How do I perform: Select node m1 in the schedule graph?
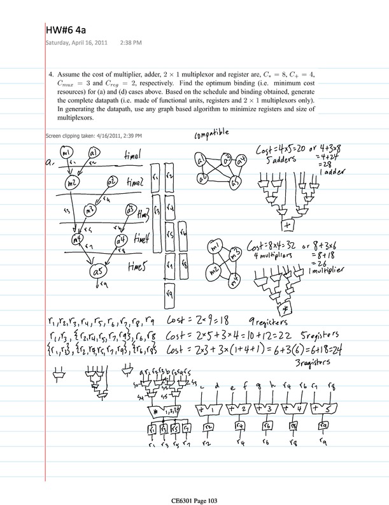pyautogui.click(x=70, y=153)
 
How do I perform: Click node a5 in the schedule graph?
pyautogui.click(x=98, y=272)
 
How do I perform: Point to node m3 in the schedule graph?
pyautogui.click(x=91, y=209)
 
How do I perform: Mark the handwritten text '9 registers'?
pyautogui.click(x=294, y=323)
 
